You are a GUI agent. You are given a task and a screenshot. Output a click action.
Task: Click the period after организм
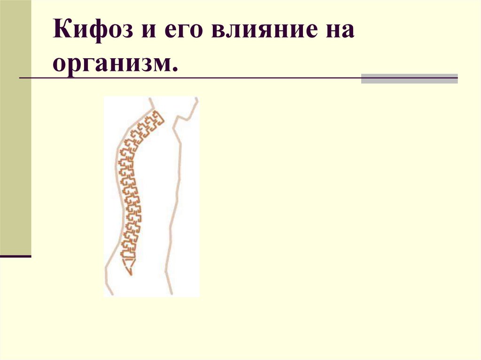click(x=175, y=69)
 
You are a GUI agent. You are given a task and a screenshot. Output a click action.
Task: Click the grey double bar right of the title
click(x=409, y=78)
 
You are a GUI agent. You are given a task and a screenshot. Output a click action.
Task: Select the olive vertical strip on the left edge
click(x=16, y=127)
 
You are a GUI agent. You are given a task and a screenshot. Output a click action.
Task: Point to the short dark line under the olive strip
click(x=16, y=257)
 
